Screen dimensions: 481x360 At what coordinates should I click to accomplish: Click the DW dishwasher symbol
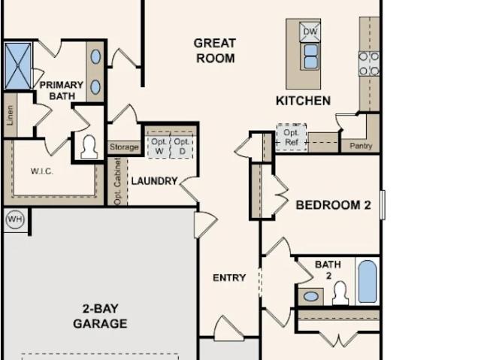pos(310,32)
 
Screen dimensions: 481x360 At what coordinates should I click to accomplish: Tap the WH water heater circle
pos(15,219)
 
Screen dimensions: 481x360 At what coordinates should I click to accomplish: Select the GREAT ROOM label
pos(215,50)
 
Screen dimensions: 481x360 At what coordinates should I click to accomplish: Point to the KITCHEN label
pos(303,101)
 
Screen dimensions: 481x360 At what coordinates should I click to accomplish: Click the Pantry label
pos(361,146)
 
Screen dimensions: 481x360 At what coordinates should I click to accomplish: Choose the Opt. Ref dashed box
pos(292,138)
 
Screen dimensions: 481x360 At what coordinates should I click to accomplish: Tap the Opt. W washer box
pos(159,147)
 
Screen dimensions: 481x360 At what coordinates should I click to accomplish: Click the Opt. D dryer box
pos(182,147)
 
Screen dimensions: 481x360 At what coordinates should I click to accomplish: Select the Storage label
pos(124,147)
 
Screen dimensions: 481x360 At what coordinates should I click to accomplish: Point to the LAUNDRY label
pos(154,181)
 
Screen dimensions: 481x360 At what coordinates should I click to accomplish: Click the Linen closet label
pos(10,115)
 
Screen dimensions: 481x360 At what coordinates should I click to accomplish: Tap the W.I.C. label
pos(42,171)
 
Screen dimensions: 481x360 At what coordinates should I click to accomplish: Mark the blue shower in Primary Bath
pos(18,66)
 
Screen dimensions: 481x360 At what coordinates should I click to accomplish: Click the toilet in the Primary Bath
pos(89,147)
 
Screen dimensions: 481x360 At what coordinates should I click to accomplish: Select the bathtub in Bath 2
pos(368,282)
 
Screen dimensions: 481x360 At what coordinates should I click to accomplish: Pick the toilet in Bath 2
pos(340,293)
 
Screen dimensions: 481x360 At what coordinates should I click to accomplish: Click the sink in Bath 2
pos(310,297)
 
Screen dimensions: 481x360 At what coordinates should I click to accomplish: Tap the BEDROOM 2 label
pos(334,205)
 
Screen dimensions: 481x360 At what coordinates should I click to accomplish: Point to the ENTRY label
pos(229,278)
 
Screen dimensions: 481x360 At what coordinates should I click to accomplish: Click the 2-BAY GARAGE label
pos(100,316)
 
